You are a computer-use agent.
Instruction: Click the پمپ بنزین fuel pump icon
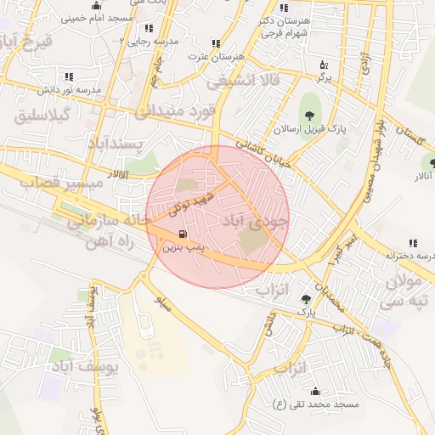click(181, 234)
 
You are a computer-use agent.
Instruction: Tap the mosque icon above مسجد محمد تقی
click(316, 392)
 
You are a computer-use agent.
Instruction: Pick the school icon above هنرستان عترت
click(215, 43)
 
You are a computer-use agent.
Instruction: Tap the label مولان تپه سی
click(406, 291)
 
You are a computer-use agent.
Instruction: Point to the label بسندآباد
click(119, 144)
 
